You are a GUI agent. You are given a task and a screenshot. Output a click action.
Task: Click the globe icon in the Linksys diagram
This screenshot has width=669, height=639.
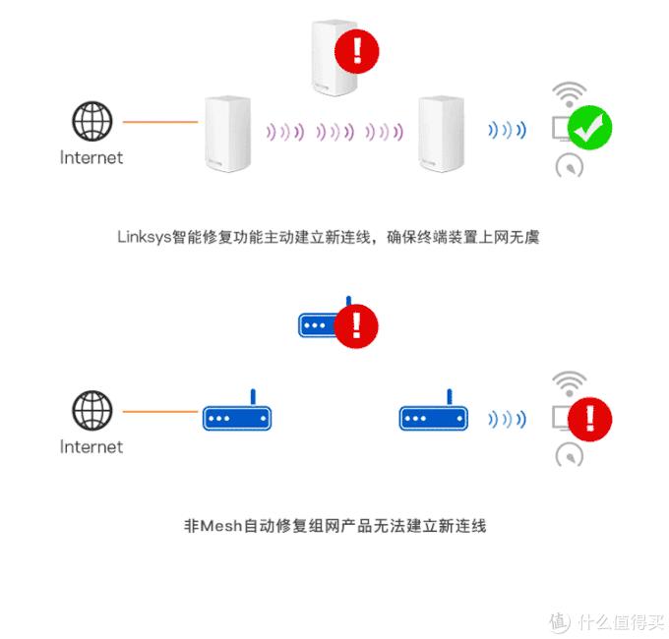(x=91, y=122)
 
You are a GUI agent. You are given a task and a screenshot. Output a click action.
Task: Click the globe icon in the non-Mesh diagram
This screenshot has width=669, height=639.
(x=91, y=411)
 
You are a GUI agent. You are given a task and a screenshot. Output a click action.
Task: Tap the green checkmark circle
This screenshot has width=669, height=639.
(x=590, y=127)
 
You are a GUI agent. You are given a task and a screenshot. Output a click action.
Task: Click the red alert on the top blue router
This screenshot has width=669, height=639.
(x=356, y=323)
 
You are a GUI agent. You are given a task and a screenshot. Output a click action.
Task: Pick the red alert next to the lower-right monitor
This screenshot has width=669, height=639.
(x=590, y=417)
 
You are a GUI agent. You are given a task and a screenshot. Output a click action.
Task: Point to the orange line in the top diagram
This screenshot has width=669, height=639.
(x=158, y=122)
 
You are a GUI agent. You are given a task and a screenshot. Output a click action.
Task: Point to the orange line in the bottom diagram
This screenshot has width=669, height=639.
(x=158, y=412)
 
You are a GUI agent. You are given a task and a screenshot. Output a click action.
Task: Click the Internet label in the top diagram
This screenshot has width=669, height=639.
(x=91, y=157)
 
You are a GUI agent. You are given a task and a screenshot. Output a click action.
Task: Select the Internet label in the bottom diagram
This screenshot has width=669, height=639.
(x=91, y=446)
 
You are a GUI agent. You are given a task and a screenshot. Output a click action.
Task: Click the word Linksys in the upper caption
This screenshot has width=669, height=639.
(x=144, y=237)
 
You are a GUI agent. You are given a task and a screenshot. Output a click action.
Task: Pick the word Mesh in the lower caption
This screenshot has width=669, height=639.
(x=223, y=526)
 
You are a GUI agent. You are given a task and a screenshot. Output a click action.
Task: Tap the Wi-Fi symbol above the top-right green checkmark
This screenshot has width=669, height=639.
(x=568, y=94)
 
